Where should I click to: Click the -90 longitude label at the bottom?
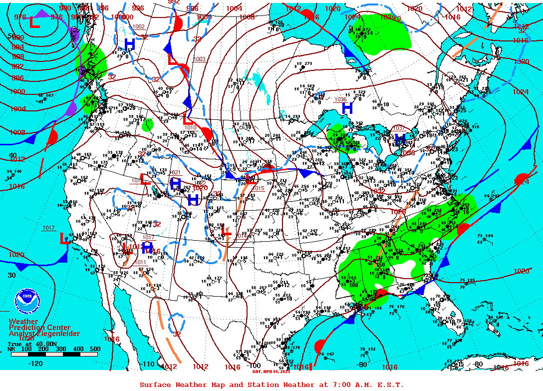(362, 364)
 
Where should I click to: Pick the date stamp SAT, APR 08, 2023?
(271, 371)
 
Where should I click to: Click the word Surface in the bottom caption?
(155, 385)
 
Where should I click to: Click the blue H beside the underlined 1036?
(347, 108)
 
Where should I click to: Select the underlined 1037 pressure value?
(399, 128)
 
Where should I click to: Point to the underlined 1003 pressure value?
(199, 59)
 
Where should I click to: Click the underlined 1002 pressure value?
(138, 26)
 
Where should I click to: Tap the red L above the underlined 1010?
(188, 119)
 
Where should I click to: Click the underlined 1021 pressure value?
(176, 172)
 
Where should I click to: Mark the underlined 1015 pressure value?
(258, 188)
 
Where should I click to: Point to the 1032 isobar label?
(377, 191)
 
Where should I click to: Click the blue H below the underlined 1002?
(130, 44)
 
